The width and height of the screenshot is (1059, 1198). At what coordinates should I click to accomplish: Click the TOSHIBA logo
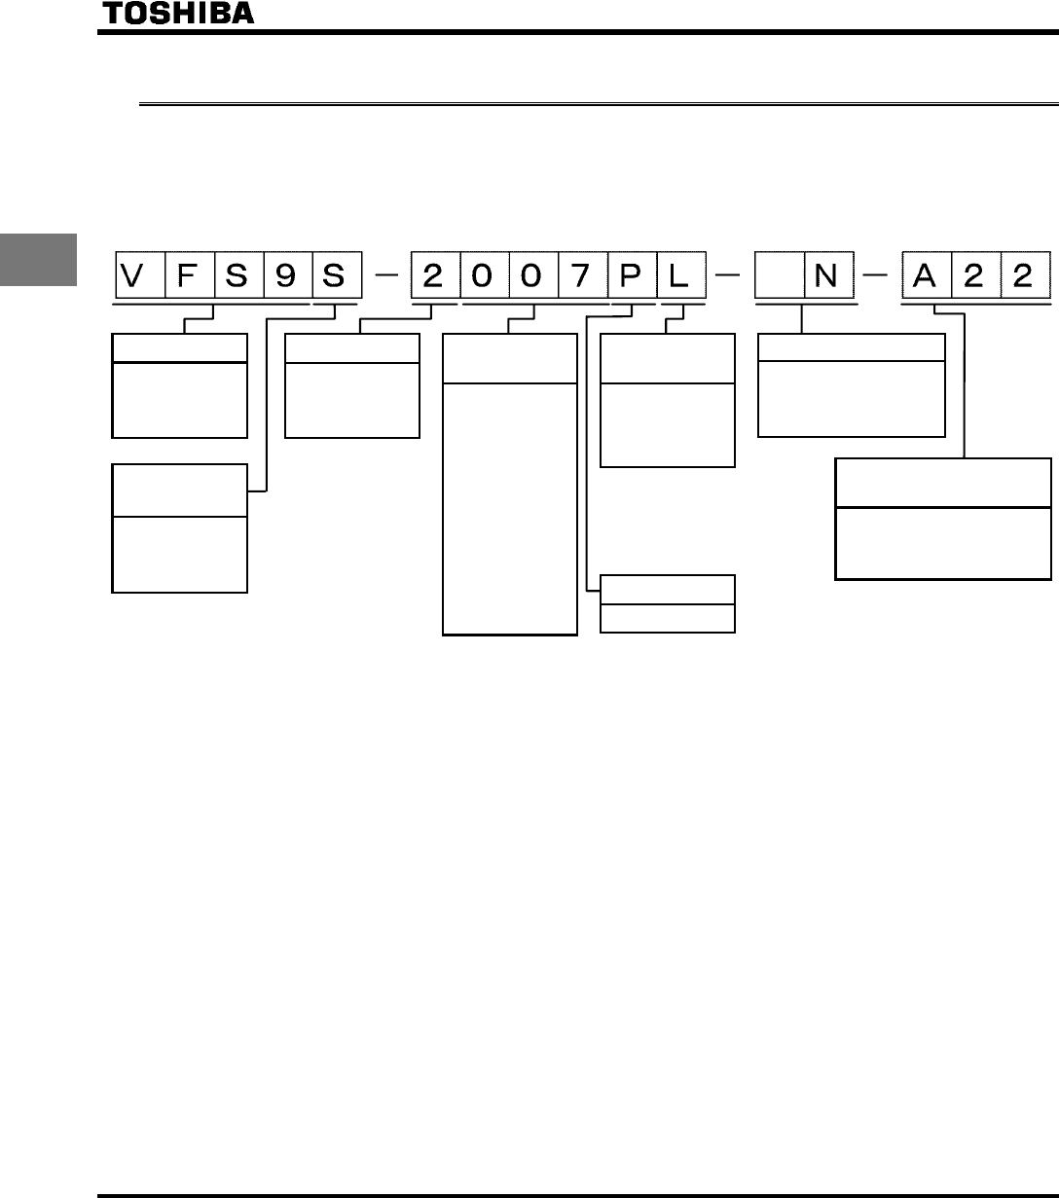(x=178, y=13)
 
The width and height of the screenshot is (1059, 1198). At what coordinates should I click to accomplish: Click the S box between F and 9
(x=237, y=275)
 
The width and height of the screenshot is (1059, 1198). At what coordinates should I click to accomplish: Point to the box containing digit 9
(x=287, y=275)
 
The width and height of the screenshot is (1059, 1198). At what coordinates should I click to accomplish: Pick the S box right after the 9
(x=336, y=275)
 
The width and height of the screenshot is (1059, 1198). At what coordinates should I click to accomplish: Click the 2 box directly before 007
(x=434, y=275)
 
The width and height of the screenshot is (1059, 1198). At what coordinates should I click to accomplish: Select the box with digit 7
(x=582, y=275)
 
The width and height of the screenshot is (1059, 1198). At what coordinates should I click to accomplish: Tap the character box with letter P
(x=631, y=275)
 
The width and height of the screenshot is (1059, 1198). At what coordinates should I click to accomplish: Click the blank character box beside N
(x=778, y=275)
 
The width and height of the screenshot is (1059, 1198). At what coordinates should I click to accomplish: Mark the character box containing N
(x=826, y=275)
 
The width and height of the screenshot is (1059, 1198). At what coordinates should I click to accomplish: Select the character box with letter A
(x=926, y=275)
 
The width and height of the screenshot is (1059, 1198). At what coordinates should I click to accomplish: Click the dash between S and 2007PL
(x=385, y=276)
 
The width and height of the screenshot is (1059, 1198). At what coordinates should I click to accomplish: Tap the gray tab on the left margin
(x=37, y=259)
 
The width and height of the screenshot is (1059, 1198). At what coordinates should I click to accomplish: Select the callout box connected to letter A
(x=942, y=520)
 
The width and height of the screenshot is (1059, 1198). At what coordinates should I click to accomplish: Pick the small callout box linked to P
(x=667, y=603)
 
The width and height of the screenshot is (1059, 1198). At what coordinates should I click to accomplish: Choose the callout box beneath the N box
(x=851, y=384)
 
